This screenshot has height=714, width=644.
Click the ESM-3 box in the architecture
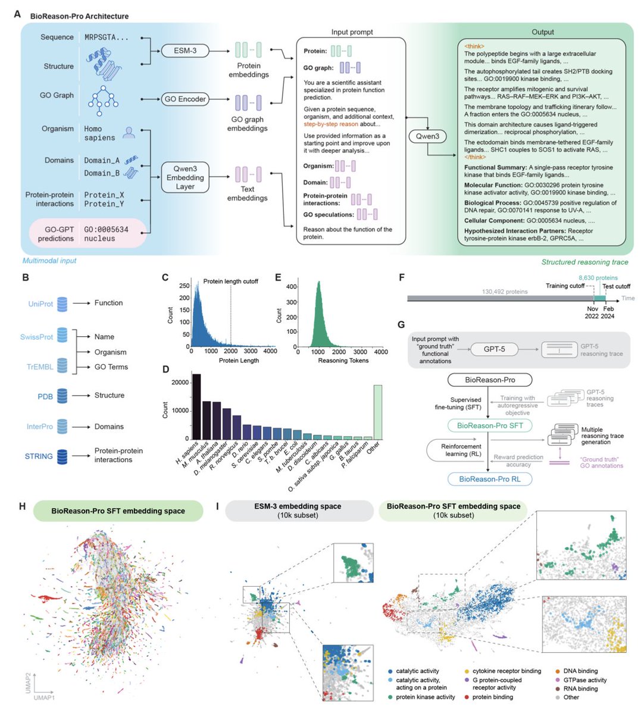(185, 51)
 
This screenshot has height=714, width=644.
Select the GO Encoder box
(185, 99)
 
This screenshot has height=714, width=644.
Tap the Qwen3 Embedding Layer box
(185, 177)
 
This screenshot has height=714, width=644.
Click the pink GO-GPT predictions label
(56, 234)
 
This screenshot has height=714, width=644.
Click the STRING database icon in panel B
(62, 456)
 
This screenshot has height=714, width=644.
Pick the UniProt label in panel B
(40, 303)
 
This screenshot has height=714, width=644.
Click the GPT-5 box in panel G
(494, 349)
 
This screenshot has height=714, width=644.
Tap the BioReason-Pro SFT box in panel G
(490, 425)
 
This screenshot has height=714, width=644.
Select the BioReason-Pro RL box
(490, 479)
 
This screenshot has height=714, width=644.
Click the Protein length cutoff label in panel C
(231, 281)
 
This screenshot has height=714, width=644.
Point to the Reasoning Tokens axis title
(344, 361)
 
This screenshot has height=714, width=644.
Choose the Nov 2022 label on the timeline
(592, 312)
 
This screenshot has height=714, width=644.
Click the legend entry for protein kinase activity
(425, 697)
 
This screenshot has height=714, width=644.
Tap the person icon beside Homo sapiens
(128, 132)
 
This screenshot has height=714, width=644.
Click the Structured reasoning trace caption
(584, 262)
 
